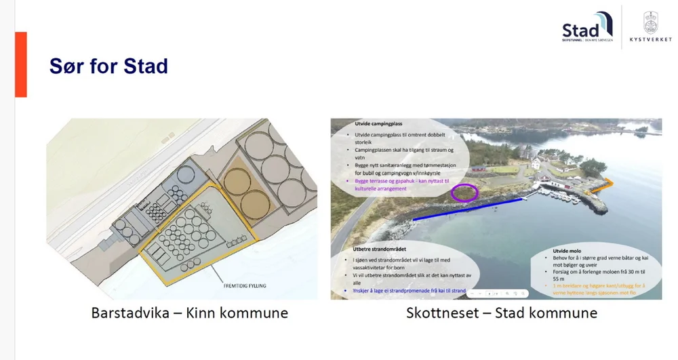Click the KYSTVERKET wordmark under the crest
click(x=650, y=40)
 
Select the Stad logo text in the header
click(x=582, y=31)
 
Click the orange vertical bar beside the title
click(x=20, y=64)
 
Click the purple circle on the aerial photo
click(x=464, y=193)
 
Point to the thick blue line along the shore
click(x=468, y=209)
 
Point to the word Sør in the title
click(x=65, y=66)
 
